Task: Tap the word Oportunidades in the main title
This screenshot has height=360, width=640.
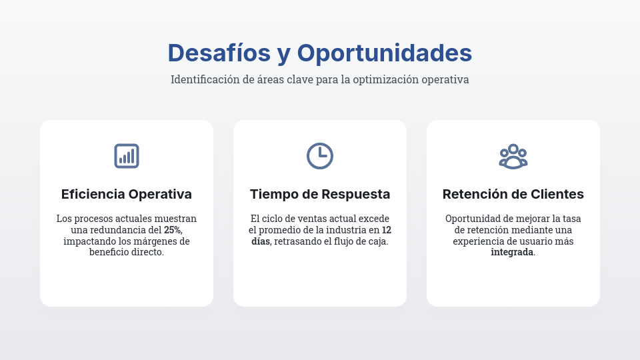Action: tap(384, 53)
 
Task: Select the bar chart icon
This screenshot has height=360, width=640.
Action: tap(127, 156)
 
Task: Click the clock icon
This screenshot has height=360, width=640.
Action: tap(320, 156)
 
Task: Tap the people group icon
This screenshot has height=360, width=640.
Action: tap(513, 157)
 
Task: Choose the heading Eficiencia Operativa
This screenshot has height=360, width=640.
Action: tap(127, 195)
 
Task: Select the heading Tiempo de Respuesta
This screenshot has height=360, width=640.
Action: tap(320, 195)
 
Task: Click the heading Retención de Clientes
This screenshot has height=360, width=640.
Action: tap(513, 195)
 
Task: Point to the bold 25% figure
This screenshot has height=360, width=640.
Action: tap(173, 230)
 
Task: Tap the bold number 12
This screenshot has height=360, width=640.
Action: tap(386, 230)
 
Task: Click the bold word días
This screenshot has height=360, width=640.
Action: tap(261, 241)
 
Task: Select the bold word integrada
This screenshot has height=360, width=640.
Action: tap(512, 253)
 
